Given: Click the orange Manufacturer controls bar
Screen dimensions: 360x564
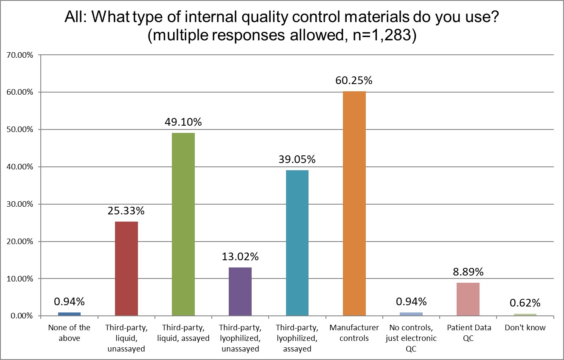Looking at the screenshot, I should pos(354,204).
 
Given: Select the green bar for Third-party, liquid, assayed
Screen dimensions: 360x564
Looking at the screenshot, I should pos(183,225).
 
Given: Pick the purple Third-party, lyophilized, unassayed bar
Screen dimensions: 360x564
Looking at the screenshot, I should pos(240,292).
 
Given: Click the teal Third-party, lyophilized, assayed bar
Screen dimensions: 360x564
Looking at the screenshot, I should pos(297,243).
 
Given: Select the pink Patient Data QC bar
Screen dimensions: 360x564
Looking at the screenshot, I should pos(468,299).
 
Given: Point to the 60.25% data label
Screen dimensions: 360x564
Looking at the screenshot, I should pos(354,81).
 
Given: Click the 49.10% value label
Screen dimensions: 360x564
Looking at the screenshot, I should pos(183,122).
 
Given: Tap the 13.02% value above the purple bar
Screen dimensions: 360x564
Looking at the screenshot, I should pos(240,257).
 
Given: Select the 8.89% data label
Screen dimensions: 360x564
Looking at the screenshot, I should pos(468,272).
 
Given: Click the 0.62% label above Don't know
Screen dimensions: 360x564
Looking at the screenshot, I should pos(525,303).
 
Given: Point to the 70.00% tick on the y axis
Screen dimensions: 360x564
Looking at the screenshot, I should pos(20,55).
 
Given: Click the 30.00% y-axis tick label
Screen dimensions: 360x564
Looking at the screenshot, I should pos(20,204).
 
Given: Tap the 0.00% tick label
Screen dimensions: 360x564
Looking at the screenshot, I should pos(22,316).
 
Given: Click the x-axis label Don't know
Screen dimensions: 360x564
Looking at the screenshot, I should pos(525,328).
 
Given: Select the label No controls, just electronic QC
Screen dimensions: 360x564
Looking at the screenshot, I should pos(411,338).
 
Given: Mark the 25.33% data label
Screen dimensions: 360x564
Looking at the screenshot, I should pos(126,211).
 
